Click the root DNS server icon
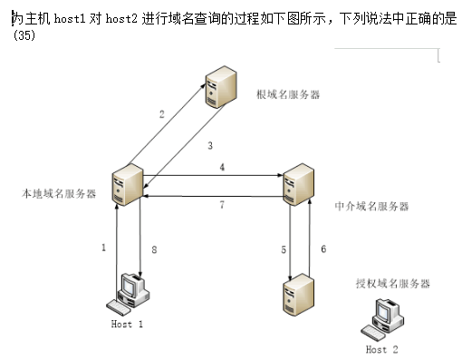(x=221, y=87)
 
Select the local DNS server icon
(x=127, y=185)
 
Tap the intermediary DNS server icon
(x=298, y=185)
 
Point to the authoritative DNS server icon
(x=298, y=295)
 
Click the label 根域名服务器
(x=288, y=94)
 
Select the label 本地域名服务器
(x=59, y=194)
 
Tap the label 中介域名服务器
(x=371, y=206)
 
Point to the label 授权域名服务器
(x=392, y=284)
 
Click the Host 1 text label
(x=127, y=324)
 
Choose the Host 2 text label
(x=382, y=349)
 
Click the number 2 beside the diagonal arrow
(x=162, y=114)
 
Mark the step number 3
(x=210, y=145)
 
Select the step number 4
(x=222, y=167)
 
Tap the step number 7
(x=222, y=205)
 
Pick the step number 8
(x=154, y=249)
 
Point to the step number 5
(x=284, y=249)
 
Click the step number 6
(x=323, y=248)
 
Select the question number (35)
(x=24, y=35)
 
